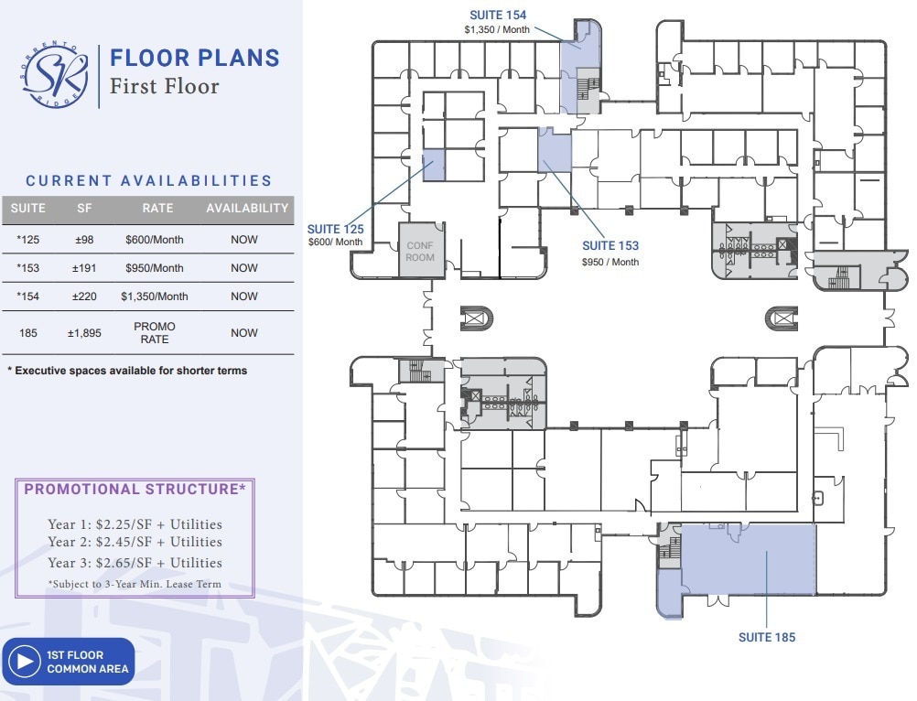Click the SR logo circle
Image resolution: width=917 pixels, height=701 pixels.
pos(56,77)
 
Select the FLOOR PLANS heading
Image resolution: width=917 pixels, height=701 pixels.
pos(194,58)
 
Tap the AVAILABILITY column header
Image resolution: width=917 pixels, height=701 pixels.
pos(247,209)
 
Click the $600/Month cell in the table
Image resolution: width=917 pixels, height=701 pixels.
pos(155,240)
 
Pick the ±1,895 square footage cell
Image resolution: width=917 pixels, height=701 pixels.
pos(84,333)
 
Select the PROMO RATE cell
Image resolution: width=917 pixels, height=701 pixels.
pos(155,333)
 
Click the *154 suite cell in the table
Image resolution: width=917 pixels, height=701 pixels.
pos(27,297)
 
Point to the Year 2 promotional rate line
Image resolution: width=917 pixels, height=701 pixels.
pos(135,543)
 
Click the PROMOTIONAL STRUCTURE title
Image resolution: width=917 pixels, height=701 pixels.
pos(135,490)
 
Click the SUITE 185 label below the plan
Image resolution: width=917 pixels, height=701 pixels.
pos(767,637)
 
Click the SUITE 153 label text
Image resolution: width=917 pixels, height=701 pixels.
pos(610,245)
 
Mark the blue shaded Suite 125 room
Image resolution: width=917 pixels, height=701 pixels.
pos(433,165)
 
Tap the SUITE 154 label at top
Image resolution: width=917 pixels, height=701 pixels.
pos(498,15)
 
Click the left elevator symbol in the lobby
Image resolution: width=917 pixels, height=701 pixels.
pos(477,318)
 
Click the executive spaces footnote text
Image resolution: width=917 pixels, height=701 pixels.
pos(127,371)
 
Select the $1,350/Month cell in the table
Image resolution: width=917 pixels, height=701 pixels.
pos(155,297)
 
